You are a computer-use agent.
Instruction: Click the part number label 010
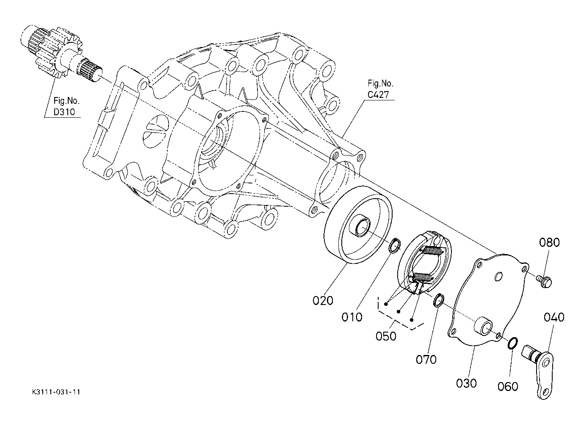click(352, 317)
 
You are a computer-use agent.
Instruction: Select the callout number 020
click(323, 301)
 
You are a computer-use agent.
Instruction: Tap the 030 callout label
click(466, 383)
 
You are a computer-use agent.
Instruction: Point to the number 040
click(554, 317)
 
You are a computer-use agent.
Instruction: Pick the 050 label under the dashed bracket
click(386, 336)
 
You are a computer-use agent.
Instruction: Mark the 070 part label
click(426, 360)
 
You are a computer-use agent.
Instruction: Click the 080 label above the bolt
click(549, 243)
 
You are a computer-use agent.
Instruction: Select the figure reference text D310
click(64, 112)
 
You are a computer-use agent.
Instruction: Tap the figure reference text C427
click(378, 94)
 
